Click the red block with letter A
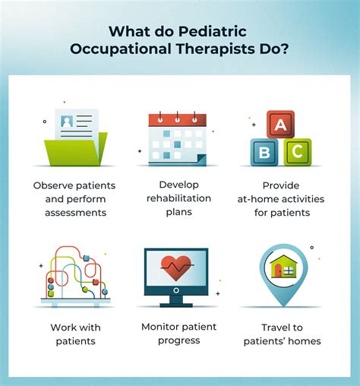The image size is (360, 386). (281, 124)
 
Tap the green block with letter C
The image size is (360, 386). (297, 150)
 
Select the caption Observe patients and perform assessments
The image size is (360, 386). (74, 199)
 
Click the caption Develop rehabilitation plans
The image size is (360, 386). (180, 199)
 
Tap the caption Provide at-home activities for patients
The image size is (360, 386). (286, 199)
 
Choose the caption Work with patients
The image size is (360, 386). (74, 334)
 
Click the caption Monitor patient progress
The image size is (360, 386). (180, 333)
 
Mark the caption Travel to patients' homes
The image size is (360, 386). (286, 334)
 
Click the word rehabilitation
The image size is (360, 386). (180, 199)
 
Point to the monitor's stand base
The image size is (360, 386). (180, 304)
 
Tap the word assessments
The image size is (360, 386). (74, 214)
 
